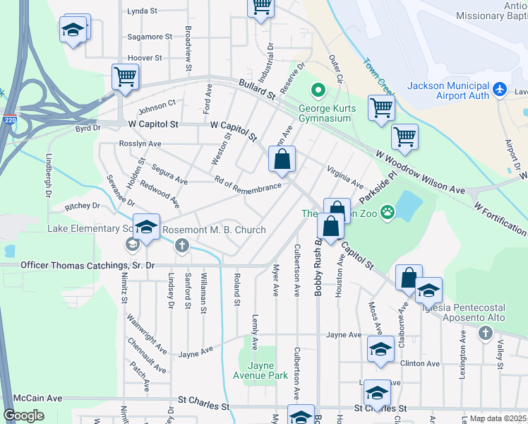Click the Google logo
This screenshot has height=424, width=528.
click(23, 416)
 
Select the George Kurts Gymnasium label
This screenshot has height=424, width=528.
click(324, 114)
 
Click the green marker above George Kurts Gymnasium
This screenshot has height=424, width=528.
click(318, 90)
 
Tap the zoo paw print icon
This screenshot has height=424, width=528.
click(387, 211)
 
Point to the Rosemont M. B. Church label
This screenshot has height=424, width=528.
click(214, 230)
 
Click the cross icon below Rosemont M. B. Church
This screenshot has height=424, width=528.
click(182, 246)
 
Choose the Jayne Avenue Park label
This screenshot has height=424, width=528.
click(256, 370)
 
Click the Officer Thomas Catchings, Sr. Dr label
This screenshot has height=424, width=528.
click(87, 266)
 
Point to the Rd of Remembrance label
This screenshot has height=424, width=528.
click(247, 186)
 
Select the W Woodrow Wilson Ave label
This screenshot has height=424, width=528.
click(420, 172)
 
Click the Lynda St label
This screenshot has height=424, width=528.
click(145, 11)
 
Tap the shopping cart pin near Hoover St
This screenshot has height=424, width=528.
click(125, 76)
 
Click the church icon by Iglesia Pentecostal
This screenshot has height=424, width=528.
click(484, 333)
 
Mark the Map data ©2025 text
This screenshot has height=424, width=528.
click(498, 418)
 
